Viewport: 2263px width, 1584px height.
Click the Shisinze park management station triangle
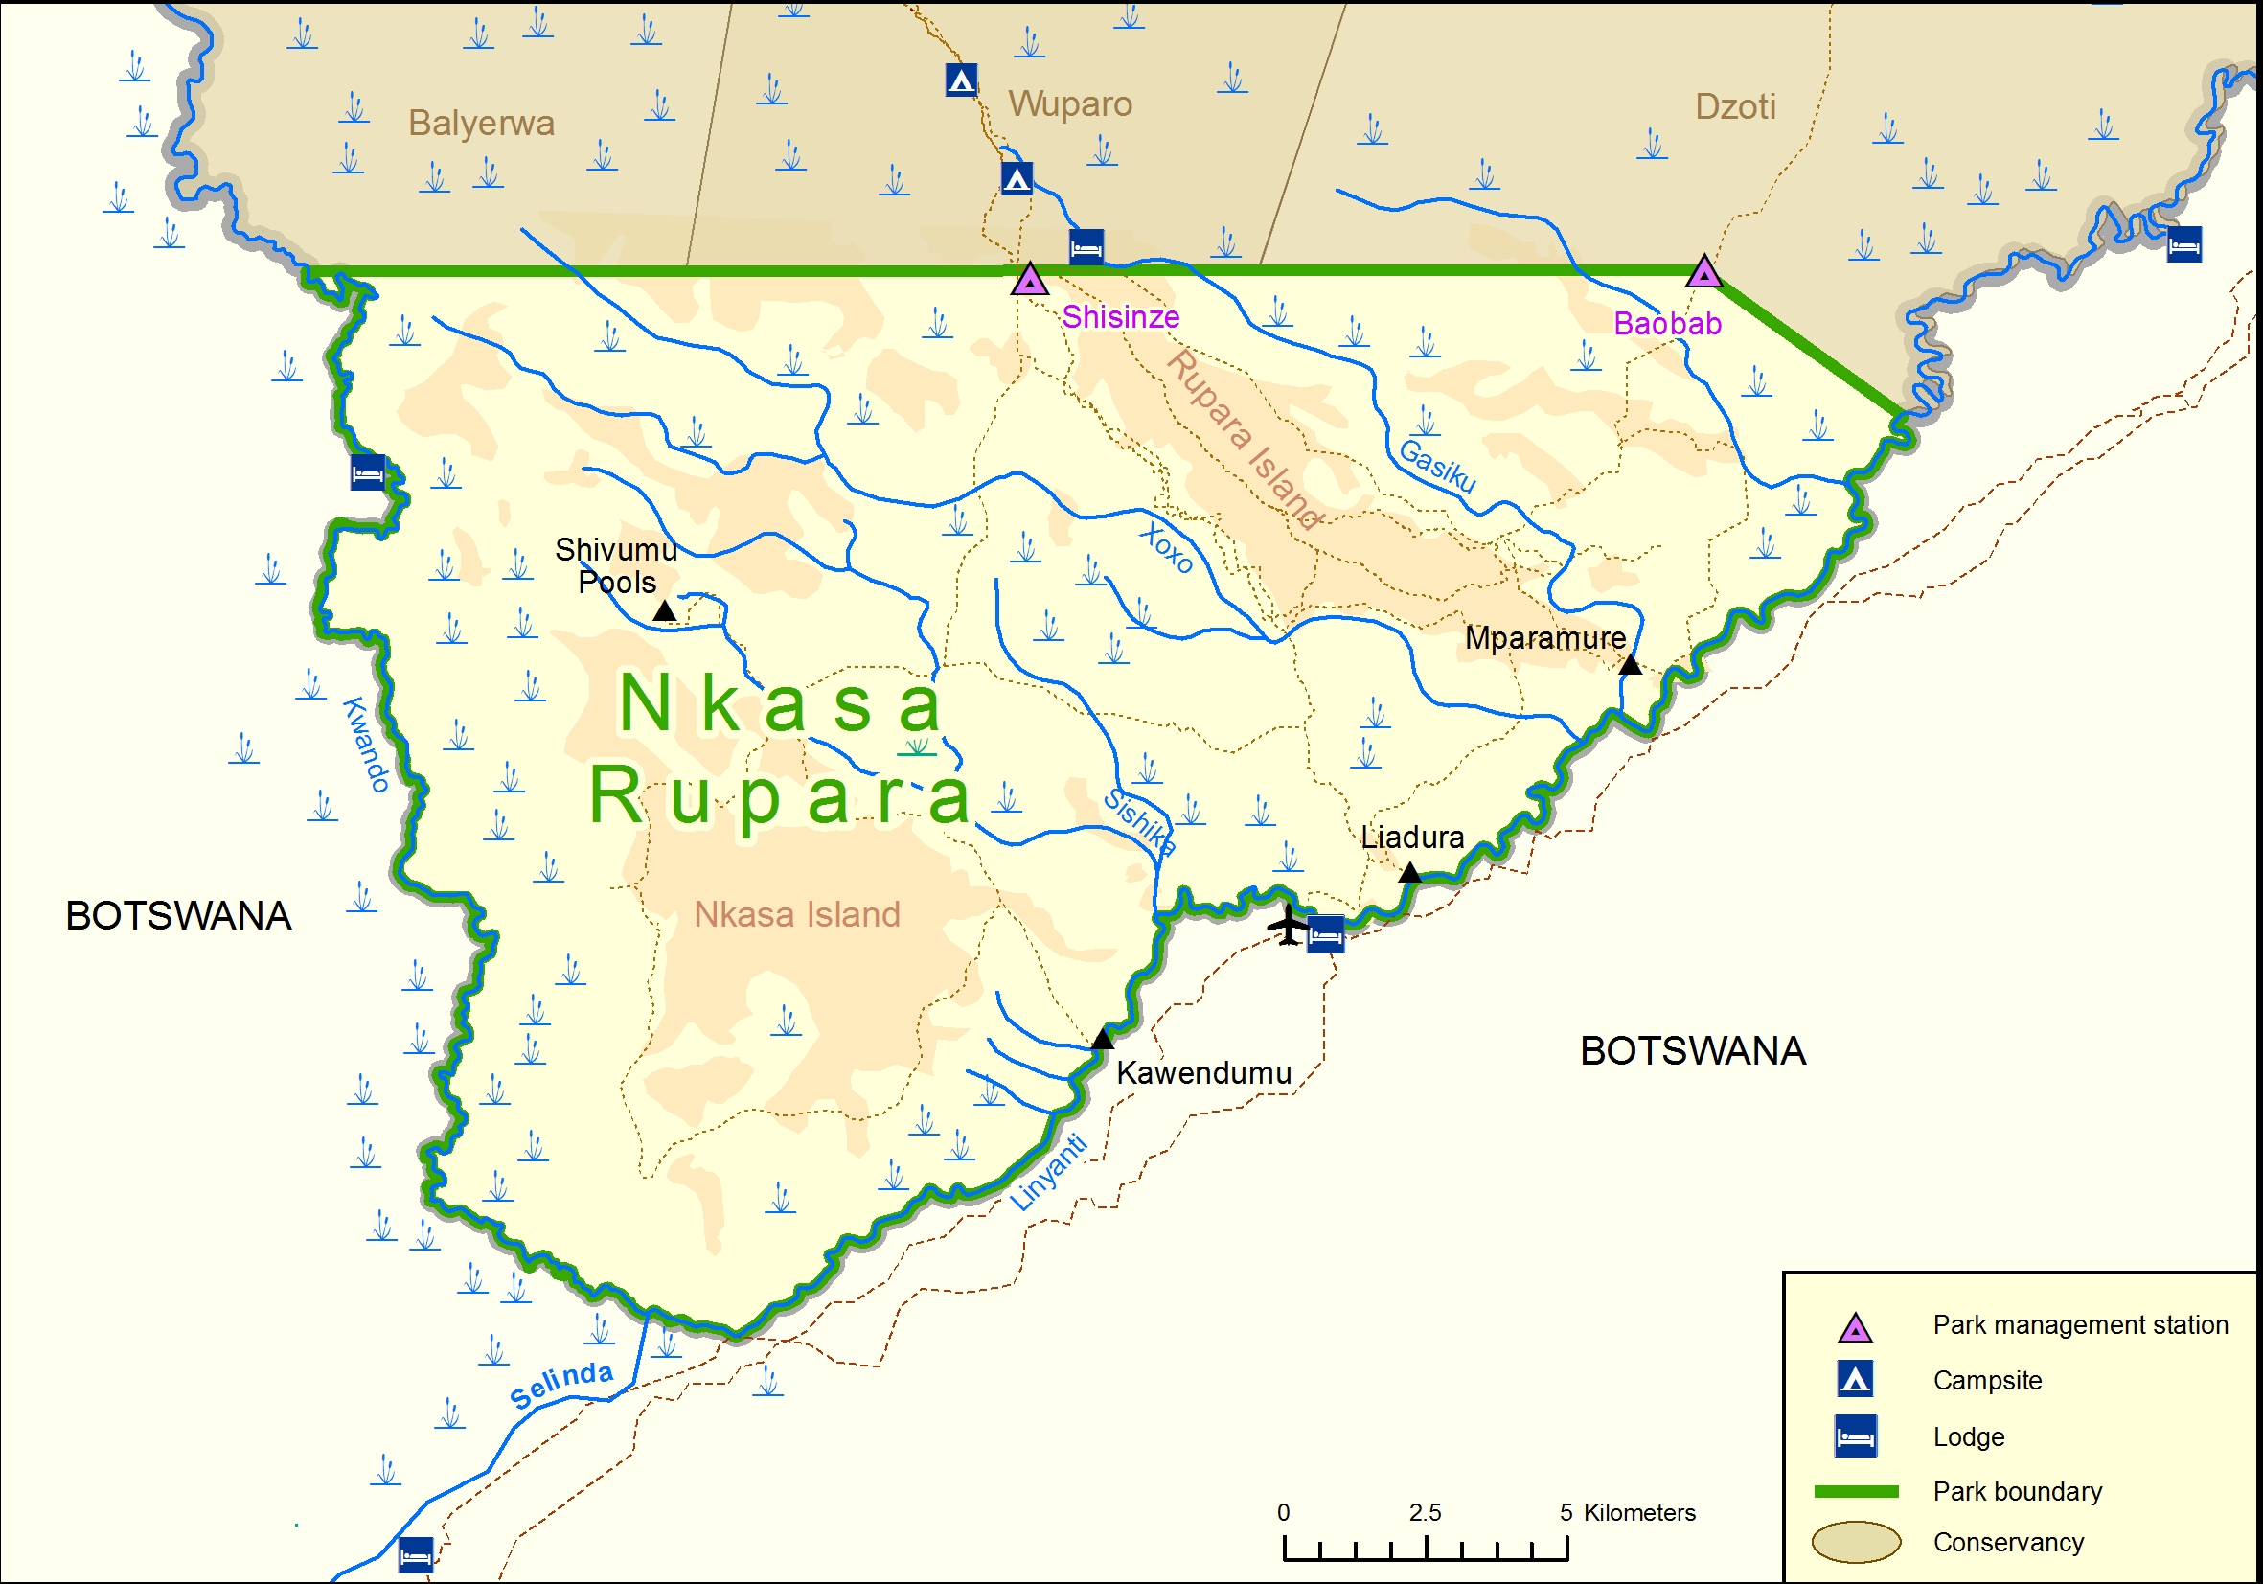(x=1029, y=280)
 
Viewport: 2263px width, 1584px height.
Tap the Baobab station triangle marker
(x=1703, y=272)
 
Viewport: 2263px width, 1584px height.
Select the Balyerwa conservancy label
(x=481, y=124)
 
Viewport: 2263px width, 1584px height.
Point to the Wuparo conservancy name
(x=1069, y=103)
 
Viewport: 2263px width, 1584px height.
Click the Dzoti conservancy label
(x=1735, y=106)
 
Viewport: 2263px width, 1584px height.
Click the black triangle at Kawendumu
(x=1103, y=1039)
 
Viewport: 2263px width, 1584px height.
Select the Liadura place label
(x=1411, y=837)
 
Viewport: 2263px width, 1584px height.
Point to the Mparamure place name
(x=1544, y=638)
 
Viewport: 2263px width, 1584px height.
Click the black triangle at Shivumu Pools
(x=665, y=612)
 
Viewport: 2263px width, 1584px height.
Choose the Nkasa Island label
(x=796, y=914)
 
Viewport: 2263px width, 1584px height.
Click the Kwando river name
(x=366, y=745)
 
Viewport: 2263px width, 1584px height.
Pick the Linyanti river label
(x=1050, y=1172)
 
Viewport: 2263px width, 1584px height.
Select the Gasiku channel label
(x=1437, y=466)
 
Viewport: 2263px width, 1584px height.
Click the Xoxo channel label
(x=1167, y=549)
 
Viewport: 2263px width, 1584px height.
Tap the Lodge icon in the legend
(x=1855, y=1436)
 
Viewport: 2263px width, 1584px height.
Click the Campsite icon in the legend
(x=1855, y=1379)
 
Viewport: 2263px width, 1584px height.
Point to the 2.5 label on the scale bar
(x=1425, y=1512)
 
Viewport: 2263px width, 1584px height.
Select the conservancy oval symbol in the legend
(x=1855, y=1542)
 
